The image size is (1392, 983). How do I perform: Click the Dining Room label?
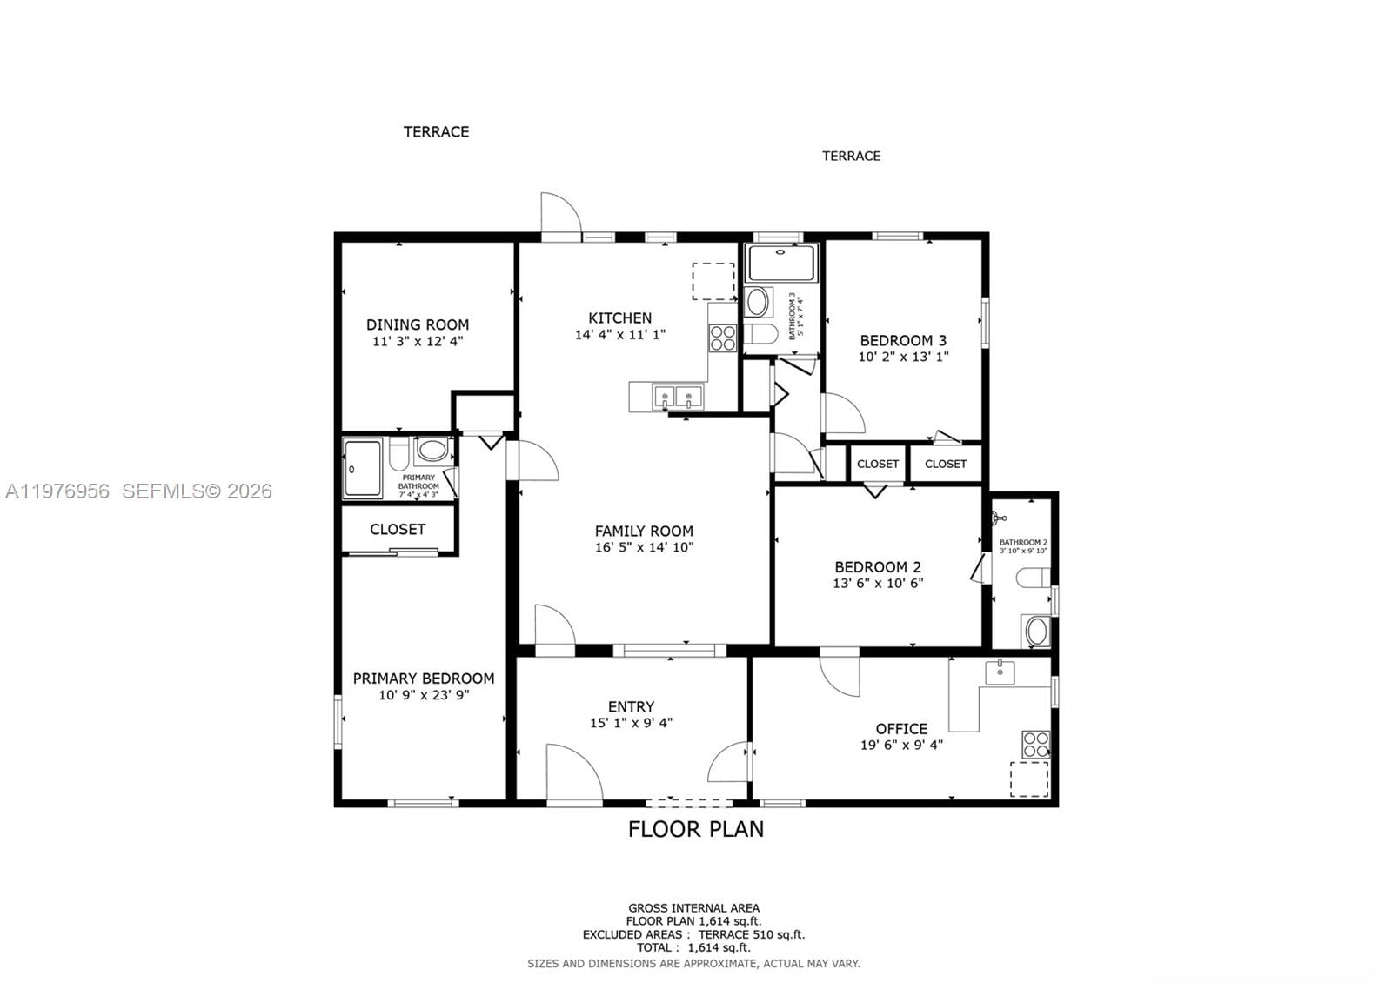(x=417, y=324)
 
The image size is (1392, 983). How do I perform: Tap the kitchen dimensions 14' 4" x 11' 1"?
(x=619, y=334)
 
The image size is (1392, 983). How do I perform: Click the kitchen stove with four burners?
(x=723, y=338)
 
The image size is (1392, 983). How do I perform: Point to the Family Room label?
(x=644, y=531)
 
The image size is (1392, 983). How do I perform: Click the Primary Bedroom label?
(x=424, y=679)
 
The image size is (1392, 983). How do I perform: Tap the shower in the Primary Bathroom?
(x=362, y=468)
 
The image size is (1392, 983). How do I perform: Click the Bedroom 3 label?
(x=903, y=340)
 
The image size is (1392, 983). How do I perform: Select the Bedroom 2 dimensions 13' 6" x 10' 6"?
(x=878, y=584)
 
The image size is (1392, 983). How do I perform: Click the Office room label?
(x=901, y=729)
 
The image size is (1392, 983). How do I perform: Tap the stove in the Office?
(x=1035, y=745)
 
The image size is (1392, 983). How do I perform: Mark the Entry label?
(x=631, y=707)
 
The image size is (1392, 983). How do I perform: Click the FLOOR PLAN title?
(x=696, y=829)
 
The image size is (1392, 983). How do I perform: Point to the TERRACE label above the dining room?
(x=436, y=132)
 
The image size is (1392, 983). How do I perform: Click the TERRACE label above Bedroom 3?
(x=851, y=156)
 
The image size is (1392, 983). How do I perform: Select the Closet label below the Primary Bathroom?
(x=398, y=529)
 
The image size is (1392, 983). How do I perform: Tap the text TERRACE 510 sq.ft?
(x=752, y=935)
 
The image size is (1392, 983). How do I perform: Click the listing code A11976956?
(x=57, y=491)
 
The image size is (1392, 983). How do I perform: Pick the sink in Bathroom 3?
(x=759, y=303)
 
